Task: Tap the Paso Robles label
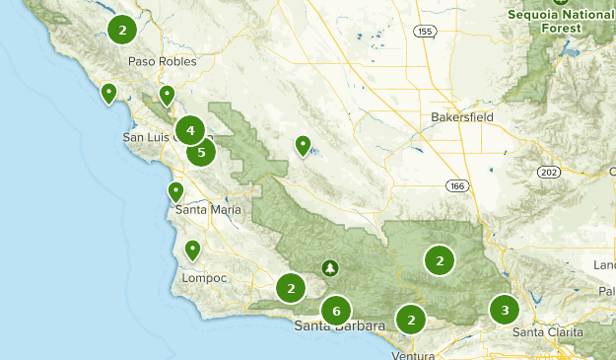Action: [163, 61]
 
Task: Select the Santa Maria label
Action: [207, 209]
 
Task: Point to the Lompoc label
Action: [204, 278]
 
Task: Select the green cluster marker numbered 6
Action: [336, 311]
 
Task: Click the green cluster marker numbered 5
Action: [201, 152]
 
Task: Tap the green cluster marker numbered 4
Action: [189, 130]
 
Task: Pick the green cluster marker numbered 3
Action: [505, 311]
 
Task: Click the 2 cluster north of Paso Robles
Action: [122, 31]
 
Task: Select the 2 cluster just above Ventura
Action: [410, 320]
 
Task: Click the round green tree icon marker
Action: [329, 267]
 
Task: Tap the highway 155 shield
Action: [424, 32]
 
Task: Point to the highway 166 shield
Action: [454, 185]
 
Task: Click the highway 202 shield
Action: [549, 172]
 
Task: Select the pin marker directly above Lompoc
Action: [193, 250]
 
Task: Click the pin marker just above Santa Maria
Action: [175, 190]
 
